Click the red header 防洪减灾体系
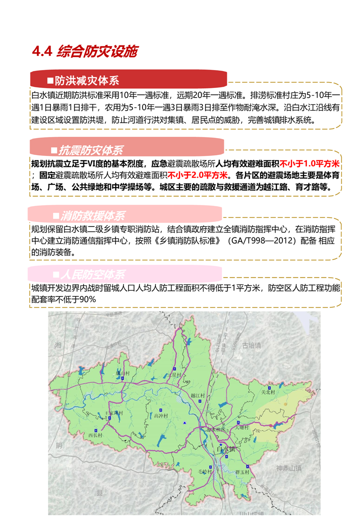click(87, 81)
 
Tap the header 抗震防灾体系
click(90, 150)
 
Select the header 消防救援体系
click(92, 216)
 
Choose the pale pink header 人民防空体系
click(92, 274)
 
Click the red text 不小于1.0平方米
click(310, 163)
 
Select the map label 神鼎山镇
click(288, 468)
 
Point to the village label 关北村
click(269, 392)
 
